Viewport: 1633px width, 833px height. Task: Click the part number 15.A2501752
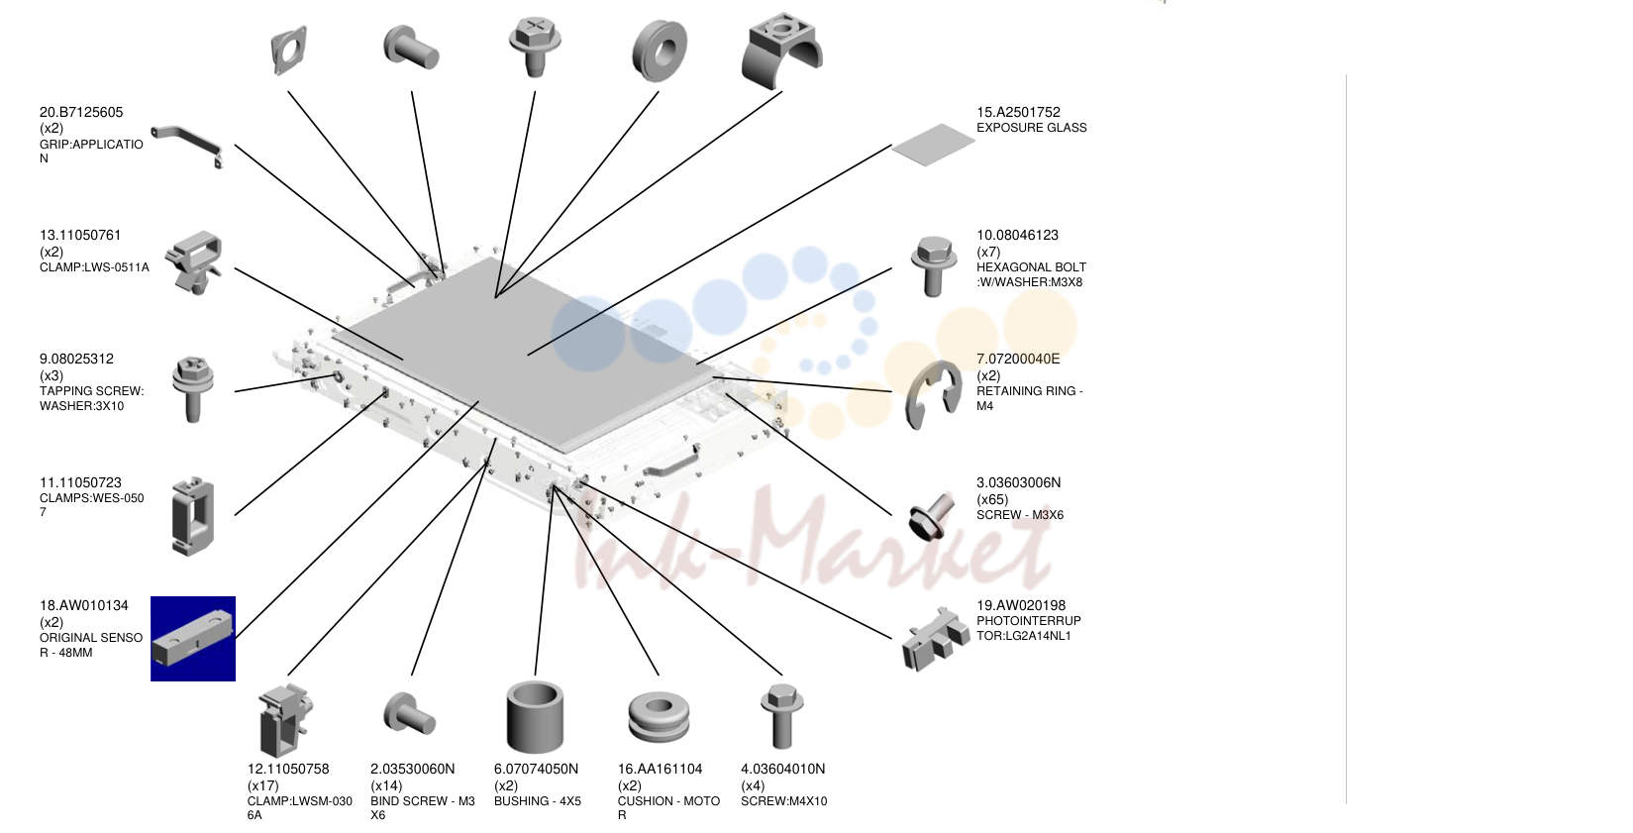click(1018, 112)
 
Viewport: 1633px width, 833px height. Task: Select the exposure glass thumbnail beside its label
click(933, 145)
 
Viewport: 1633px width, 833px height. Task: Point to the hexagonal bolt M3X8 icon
click(933, 265)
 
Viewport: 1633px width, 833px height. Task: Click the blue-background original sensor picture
click(193, 639)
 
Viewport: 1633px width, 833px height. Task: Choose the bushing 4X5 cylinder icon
click(535, 716)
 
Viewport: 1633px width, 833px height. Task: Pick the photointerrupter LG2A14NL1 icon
click(936, 638)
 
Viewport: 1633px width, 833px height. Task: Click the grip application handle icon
click(187, 145)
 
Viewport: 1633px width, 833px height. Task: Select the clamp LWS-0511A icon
click(193, 261)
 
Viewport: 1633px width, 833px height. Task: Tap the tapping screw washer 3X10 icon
click(193, 388)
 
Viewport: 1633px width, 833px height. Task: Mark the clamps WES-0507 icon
click(193, 516)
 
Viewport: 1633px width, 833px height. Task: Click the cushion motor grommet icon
click(659, 717)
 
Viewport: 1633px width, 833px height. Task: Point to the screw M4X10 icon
click(782, 716)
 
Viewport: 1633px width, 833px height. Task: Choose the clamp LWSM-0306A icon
click(286, 721)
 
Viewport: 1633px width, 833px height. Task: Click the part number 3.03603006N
click(1018, 483)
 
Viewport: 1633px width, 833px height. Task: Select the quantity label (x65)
click(992, 499)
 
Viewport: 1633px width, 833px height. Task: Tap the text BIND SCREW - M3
click(423, 801)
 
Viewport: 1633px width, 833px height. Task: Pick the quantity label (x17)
click(263, 785)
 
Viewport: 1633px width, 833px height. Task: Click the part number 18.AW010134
click(84, 605)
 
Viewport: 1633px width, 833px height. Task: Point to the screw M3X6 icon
click(932, 516)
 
